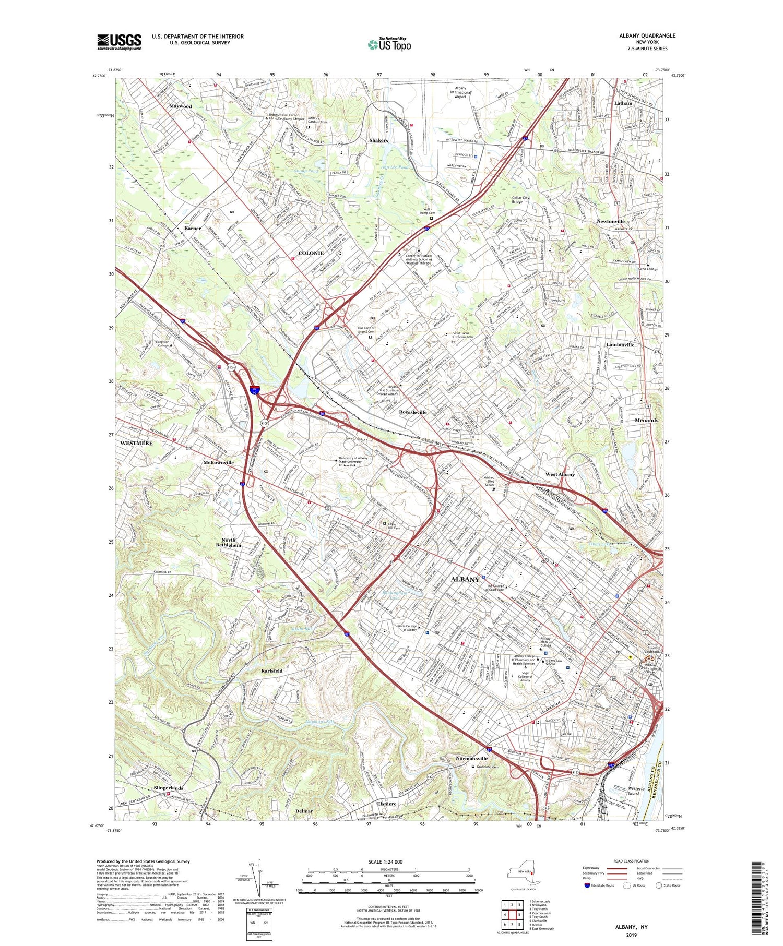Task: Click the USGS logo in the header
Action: [119, 42]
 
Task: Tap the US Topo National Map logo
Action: [389, 45]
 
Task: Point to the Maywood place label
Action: [181, 106]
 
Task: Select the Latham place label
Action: [623, 103]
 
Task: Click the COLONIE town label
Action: [311, 253]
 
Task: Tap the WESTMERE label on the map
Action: [136, 443]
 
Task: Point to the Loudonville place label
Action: [620, 345]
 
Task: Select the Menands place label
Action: [646, 420]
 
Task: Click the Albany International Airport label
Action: [460, 92]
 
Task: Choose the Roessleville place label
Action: [412, 412]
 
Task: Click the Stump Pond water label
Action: [305, 171]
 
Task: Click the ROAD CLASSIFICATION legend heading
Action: [632, 861]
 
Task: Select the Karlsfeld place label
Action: [271, 670]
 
